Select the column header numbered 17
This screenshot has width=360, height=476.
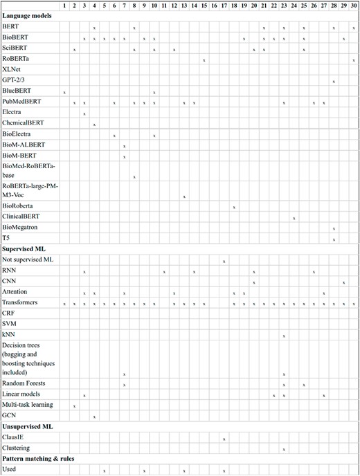224,6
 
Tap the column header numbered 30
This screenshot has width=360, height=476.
354,6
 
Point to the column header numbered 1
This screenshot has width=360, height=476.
64,6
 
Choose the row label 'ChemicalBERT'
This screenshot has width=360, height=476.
23,123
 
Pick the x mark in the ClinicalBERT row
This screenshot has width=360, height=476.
294,218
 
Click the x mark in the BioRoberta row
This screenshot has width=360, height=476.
234,207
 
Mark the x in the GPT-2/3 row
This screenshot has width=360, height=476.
334,82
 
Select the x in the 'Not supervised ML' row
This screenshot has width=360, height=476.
224,261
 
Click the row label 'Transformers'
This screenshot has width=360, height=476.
21,303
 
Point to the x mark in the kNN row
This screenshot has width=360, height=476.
284,336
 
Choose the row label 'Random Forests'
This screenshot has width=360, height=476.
25,383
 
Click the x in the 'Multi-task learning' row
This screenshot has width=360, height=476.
74,405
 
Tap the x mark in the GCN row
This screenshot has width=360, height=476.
94,416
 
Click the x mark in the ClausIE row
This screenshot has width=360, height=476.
224,439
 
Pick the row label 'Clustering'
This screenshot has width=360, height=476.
17,448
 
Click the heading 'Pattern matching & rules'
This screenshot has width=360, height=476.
39,459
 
